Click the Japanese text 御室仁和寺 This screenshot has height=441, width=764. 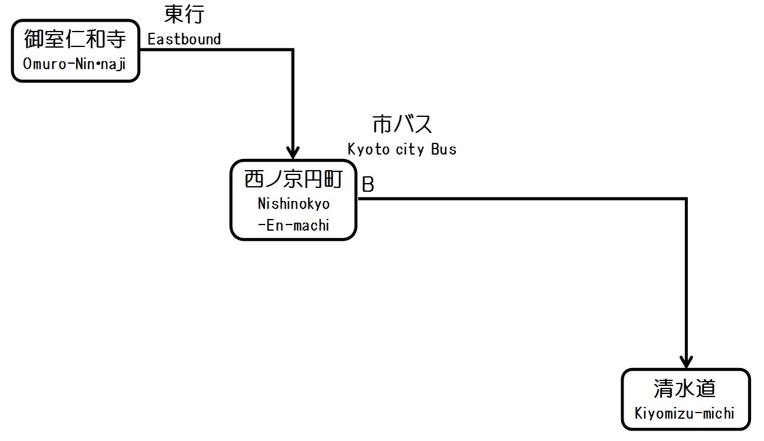tap(75, 40)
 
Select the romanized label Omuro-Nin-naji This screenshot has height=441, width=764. tap(75, 64)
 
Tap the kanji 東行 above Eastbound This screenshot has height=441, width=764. tap(184, 14)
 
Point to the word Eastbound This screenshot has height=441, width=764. tap(184, 39)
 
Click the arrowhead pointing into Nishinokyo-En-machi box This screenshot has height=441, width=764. tap(292, 152)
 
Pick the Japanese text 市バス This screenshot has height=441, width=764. tap(402, 124)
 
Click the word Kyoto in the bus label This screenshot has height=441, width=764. tap(366, 149)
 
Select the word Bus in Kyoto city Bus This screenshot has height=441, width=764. tap(444, 149)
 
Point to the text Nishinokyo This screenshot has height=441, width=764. tap(293, 203)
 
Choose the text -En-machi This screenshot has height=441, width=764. tap(293, 225)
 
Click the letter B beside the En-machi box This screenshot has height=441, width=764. tap(367, 185)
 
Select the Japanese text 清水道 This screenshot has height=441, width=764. tap(685, 388)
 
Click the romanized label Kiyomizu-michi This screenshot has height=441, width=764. tap(685, 413)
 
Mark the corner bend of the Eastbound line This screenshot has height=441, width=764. tap(292, 49)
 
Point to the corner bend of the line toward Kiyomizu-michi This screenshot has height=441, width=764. tap(685, 199)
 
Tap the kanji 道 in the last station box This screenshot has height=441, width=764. tap(705, 388)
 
